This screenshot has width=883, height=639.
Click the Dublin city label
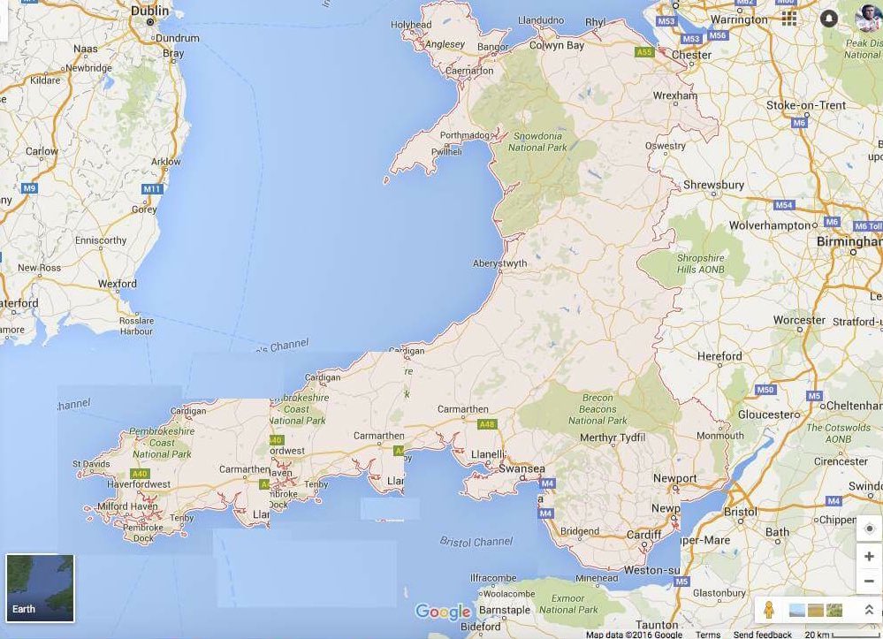[149, 11]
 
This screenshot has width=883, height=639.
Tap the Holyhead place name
[412, 25]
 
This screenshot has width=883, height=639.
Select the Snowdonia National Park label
[539, 141]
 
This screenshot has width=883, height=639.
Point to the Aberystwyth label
[500, 263]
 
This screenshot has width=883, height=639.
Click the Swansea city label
[521, 468]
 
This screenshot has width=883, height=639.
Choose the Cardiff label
[644, 535]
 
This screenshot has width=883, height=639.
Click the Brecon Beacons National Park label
[598, 409]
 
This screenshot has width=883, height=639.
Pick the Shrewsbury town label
[714, 186]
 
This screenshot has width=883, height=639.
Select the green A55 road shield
[644, 52]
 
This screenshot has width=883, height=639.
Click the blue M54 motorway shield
[784, 205]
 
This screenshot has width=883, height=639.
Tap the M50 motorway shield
[765, 390]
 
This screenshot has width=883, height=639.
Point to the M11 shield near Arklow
[152, 189]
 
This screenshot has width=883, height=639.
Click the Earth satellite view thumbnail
[40, 588]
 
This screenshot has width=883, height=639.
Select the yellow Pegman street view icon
[769, 610]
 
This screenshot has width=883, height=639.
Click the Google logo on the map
[443, 612]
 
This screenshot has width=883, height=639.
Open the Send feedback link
[762, 635]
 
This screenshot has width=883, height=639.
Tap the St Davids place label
[90, 464]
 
